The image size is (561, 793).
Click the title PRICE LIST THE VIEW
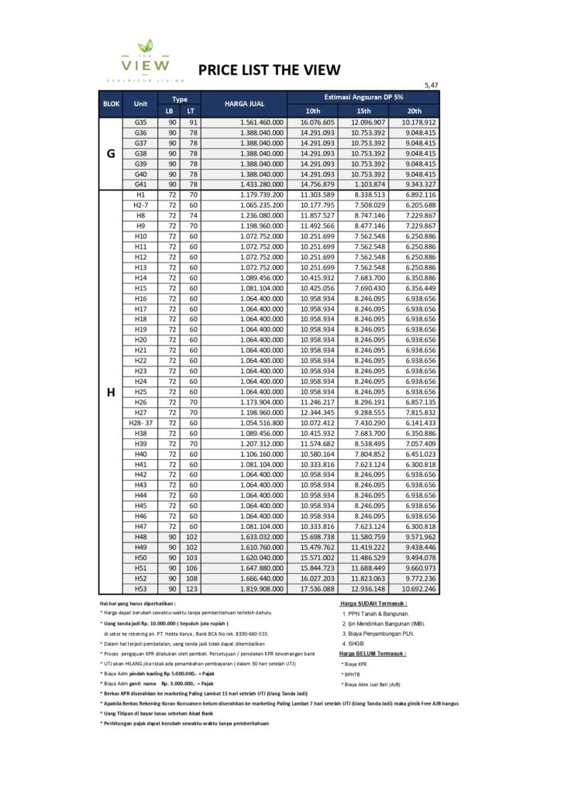pos(269,70)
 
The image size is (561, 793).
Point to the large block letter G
pos(111,153)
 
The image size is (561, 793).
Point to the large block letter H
pos(111,393)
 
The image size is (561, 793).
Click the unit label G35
pos(140,122)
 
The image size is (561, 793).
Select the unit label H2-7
pos(140,205)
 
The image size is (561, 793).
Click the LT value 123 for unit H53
pos(191,589)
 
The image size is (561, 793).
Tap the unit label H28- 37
pos(140,424)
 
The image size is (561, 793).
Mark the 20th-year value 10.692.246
pos(418,589)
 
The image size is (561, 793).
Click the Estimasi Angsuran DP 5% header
pos(363,96)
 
